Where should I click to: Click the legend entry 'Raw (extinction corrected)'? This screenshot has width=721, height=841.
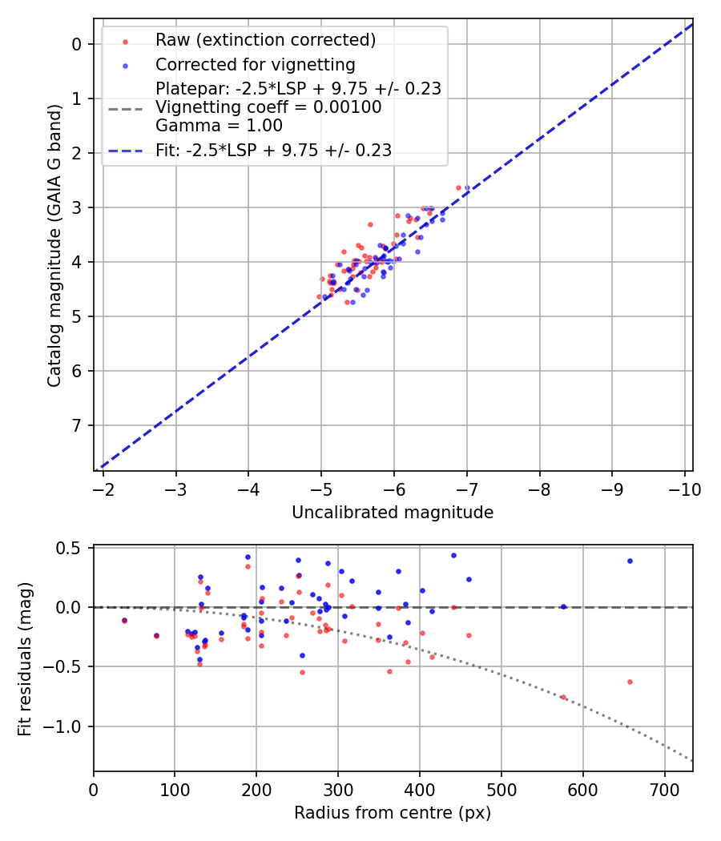coord(265,40)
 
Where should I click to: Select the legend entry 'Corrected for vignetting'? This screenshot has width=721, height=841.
coord(256,64)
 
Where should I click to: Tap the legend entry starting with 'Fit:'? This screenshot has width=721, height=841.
coord(273,150)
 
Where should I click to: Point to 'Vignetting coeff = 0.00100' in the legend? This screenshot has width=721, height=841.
coord(268,107)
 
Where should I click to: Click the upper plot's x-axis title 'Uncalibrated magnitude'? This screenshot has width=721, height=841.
coord(393,512)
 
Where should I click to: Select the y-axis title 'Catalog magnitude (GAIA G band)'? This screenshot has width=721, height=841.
coord(54,244)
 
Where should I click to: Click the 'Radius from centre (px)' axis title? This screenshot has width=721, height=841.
coord(393,813)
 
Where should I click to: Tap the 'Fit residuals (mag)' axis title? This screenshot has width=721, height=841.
coord(25,658)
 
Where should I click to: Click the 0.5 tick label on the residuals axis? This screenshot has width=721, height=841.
coord(72,548)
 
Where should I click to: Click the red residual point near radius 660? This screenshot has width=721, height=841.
coord(630,682)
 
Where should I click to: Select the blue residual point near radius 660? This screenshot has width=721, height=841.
coord(630,561)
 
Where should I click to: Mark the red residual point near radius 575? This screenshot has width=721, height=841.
coord(563,697)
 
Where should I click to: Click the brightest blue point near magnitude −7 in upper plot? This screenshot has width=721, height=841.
coord(467,188)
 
